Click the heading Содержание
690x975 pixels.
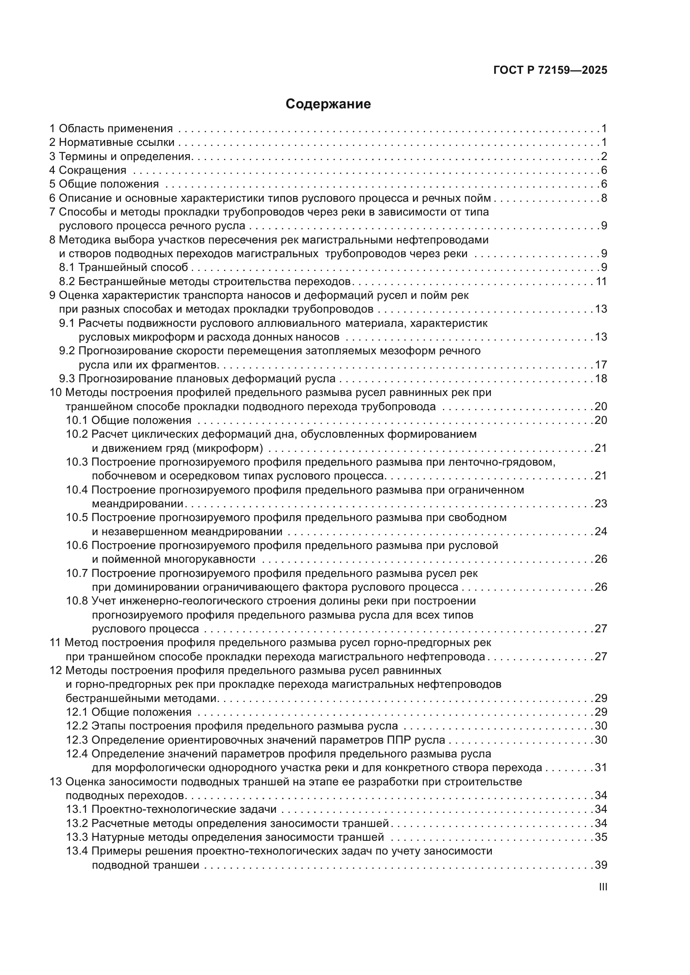click(328, 104)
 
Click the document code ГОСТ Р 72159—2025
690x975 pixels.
click(550, 70)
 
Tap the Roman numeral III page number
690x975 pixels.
click(602, 887)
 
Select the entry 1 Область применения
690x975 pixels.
click(111, 129)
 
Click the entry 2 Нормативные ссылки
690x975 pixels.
click(112, 142)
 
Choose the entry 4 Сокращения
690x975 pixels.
click(88, 170)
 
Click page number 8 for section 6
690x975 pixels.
click(604, 198)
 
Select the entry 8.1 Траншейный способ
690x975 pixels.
click(123, 268)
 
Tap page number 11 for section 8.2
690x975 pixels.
click(601, 281)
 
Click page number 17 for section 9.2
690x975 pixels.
click(601, 365)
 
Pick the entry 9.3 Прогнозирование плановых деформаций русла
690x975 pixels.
click(197, 379)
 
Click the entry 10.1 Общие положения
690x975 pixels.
click(129, 421)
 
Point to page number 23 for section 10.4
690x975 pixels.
click(601, 504)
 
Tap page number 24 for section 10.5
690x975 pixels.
click(601, 531)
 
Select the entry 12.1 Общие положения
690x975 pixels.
click(129, 712)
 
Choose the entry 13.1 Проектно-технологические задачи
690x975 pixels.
click(171, 810)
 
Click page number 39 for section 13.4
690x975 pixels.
click(601, 865)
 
